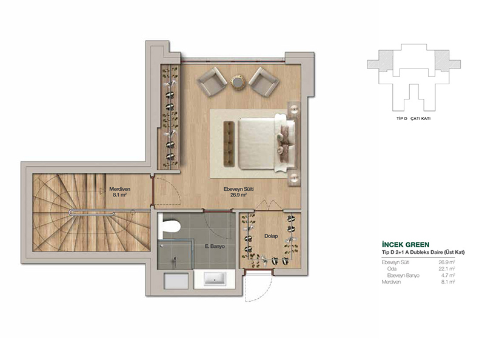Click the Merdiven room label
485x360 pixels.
pyautogui.click(x=119, y=189)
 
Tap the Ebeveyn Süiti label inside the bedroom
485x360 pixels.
pyautogui.click(x=238, y=189)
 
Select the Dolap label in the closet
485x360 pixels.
pyautogui.click(x=271, y=236)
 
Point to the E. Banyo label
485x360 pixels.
pyautogui.click(x=215, y=247)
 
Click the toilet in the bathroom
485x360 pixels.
pyautogui.click(x=169, y=227)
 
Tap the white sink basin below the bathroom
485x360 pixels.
pyautogui.click(x=215, y=279)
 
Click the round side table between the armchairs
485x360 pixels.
pyautogui.click(x=238, y=82)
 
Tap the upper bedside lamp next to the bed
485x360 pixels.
pyautogui.click(x=294, y=109)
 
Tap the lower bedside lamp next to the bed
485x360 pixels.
pyautogui.click(x=294, y=178)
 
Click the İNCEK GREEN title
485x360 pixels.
pyautogui.click(x=406, y=245)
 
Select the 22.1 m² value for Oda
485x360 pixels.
pyautogui.click(x=447, y=268)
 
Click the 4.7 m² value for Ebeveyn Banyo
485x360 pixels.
pyautogui.click(x=448, y=275)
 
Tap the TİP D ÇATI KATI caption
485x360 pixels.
pyautogui.click(x=413, y=118)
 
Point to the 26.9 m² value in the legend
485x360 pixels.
pyautogui.click(x=447, y=262)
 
